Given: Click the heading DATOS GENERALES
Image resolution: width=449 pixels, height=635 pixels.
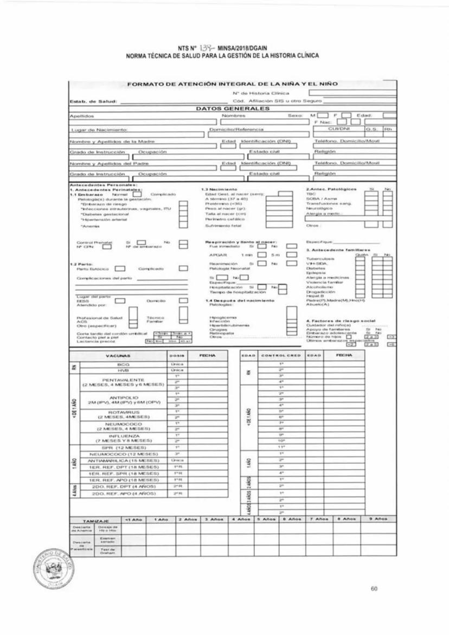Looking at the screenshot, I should click(x=233, y=108).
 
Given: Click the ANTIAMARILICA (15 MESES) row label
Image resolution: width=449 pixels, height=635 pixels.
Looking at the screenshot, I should click(x=123, y=460).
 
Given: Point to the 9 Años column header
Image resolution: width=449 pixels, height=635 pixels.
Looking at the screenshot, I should click(x=379, y=519).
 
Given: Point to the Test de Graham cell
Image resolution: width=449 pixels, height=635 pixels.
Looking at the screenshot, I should click(x=106, y=550).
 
